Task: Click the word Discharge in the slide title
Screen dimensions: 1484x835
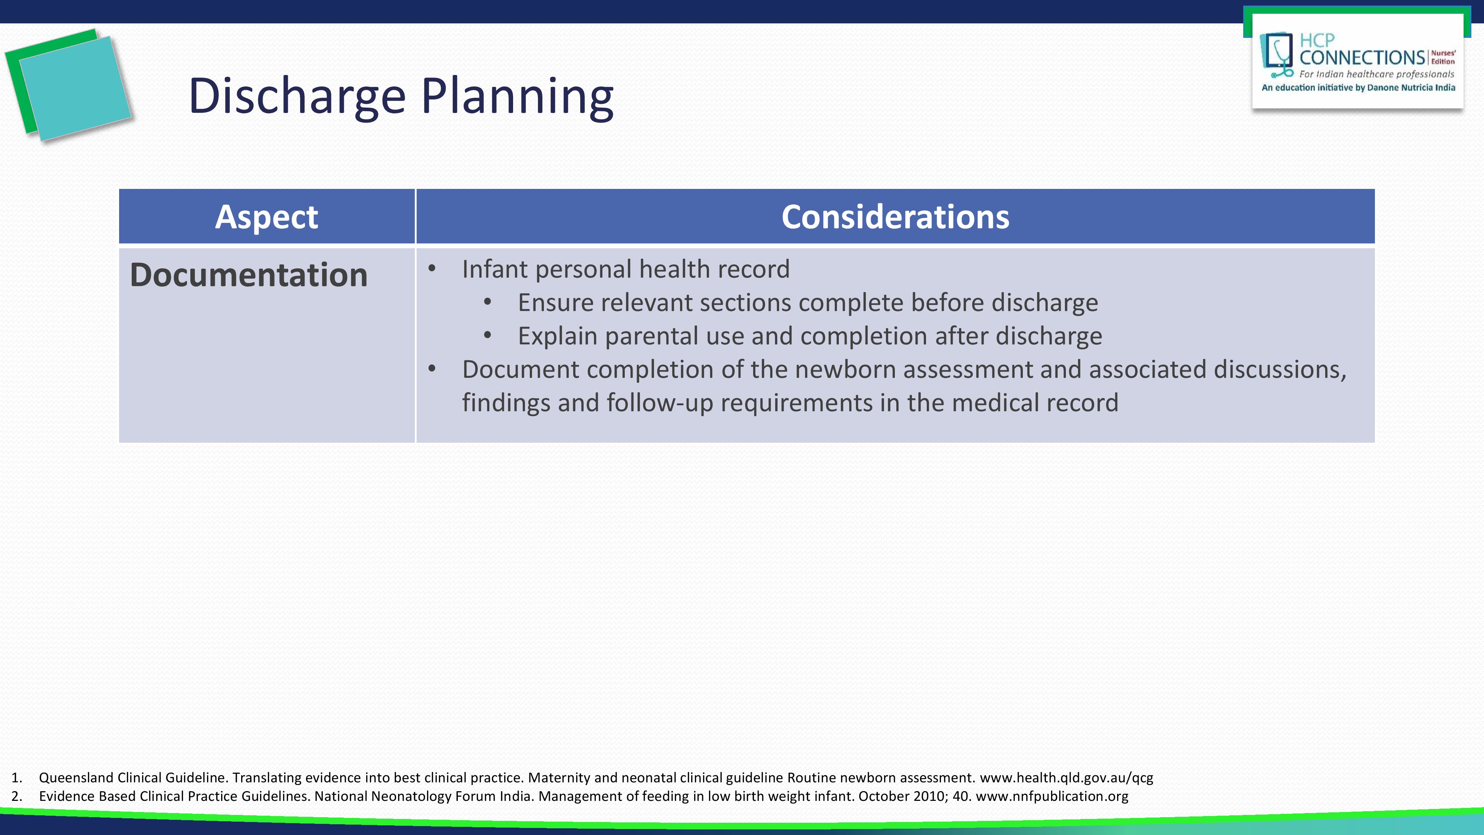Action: (x=297, y=96)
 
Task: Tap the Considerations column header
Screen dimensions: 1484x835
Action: (x=895, y=217)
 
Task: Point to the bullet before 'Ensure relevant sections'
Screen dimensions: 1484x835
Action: (x=488, y=302)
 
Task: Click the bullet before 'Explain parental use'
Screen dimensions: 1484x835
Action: (x=488, y=335)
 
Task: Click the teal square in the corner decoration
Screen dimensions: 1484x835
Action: (x=75, y=88)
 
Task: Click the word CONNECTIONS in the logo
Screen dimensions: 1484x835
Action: (x=1362, y=58)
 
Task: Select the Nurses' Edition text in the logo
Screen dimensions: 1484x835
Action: (x=1443, y=57)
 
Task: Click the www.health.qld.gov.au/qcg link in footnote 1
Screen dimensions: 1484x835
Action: (x=1066, y=778)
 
